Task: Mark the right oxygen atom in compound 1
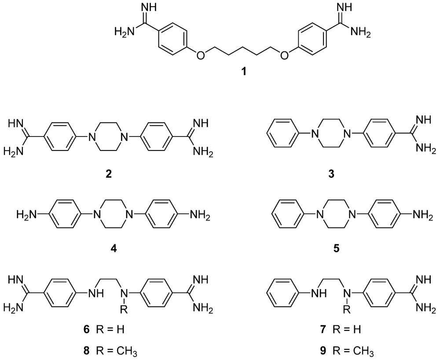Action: [x=284, y=55]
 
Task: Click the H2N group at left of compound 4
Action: [x=26, y=215]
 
